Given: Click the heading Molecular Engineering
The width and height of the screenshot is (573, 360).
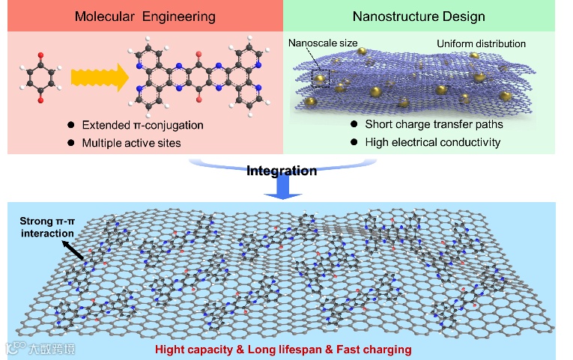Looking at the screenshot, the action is tap(145, 16).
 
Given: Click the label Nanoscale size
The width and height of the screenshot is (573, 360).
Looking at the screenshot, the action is tap(323, 43).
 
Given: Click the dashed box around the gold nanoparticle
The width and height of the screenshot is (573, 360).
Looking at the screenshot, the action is tap(320, 76).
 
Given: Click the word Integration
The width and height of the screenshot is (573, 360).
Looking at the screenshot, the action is tap(282, 171).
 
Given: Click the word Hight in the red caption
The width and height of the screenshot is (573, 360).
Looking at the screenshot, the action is tap(171, 349).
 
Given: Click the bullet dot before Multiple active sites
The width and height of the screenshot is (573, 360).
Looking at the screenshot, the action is tap(71, 141).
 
